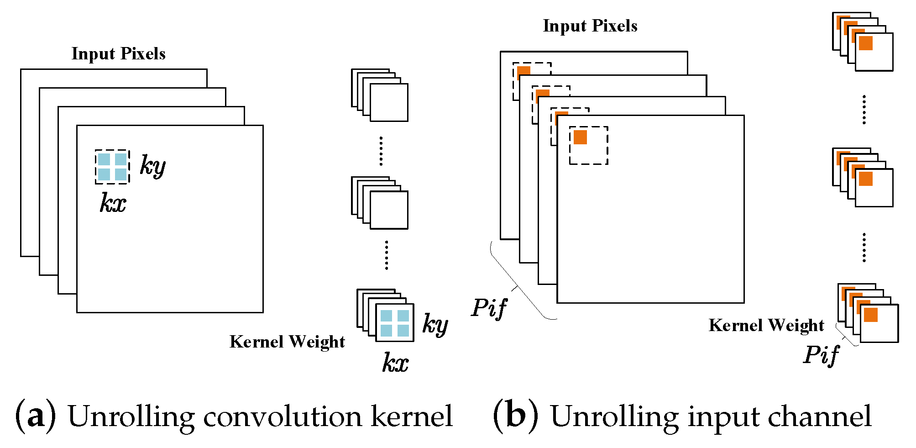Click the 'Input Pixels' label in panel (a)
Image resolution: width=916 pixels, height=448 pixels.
(x=118, y=54)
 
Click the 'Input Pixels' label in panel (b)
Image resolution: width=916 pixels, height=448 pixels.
(x=590, y=26)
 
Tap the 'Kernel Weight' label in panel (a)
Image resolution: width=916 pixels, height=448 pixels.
(x=287, y=342)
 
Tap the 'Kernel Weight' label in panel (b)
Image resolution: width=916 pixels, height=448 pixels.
(x=766, y=325)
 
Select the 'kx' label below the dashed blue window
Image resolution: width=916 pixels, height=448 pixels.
(x=113, y=203)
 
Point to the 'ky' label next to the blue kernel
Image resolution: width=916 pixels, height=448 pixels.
(x=435, y=324)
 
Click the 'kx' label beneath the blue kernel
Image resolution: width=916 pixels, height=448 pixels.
(x=395, y=363)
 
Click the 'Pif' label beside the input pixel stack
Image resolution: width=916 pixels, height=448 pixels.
(x=489, y=308)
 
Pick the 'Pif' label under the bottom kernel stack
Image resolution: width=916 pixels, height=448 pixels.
(x=821, y=355)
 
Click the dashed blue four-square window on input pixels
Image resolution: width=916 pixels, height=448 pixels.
(x=112, y=167)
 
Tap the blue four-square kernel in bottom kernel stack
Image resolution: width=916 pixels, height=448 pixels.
(x=395, y=323)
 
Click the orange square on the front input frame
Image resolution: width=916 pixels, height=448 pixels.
(x=580, y=137)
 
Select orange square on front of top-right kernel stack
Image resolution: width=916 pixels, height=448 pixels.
(x=865, y=43)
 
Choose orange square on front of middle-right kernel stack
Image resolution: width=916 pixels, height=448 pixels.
(x=865, y=179)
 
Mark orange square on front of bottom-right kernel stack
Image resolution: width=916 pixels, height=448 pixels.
(x=870, y=315)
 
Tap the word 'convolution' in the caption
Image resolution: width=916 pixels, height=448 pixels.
(x=283, y=416)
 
